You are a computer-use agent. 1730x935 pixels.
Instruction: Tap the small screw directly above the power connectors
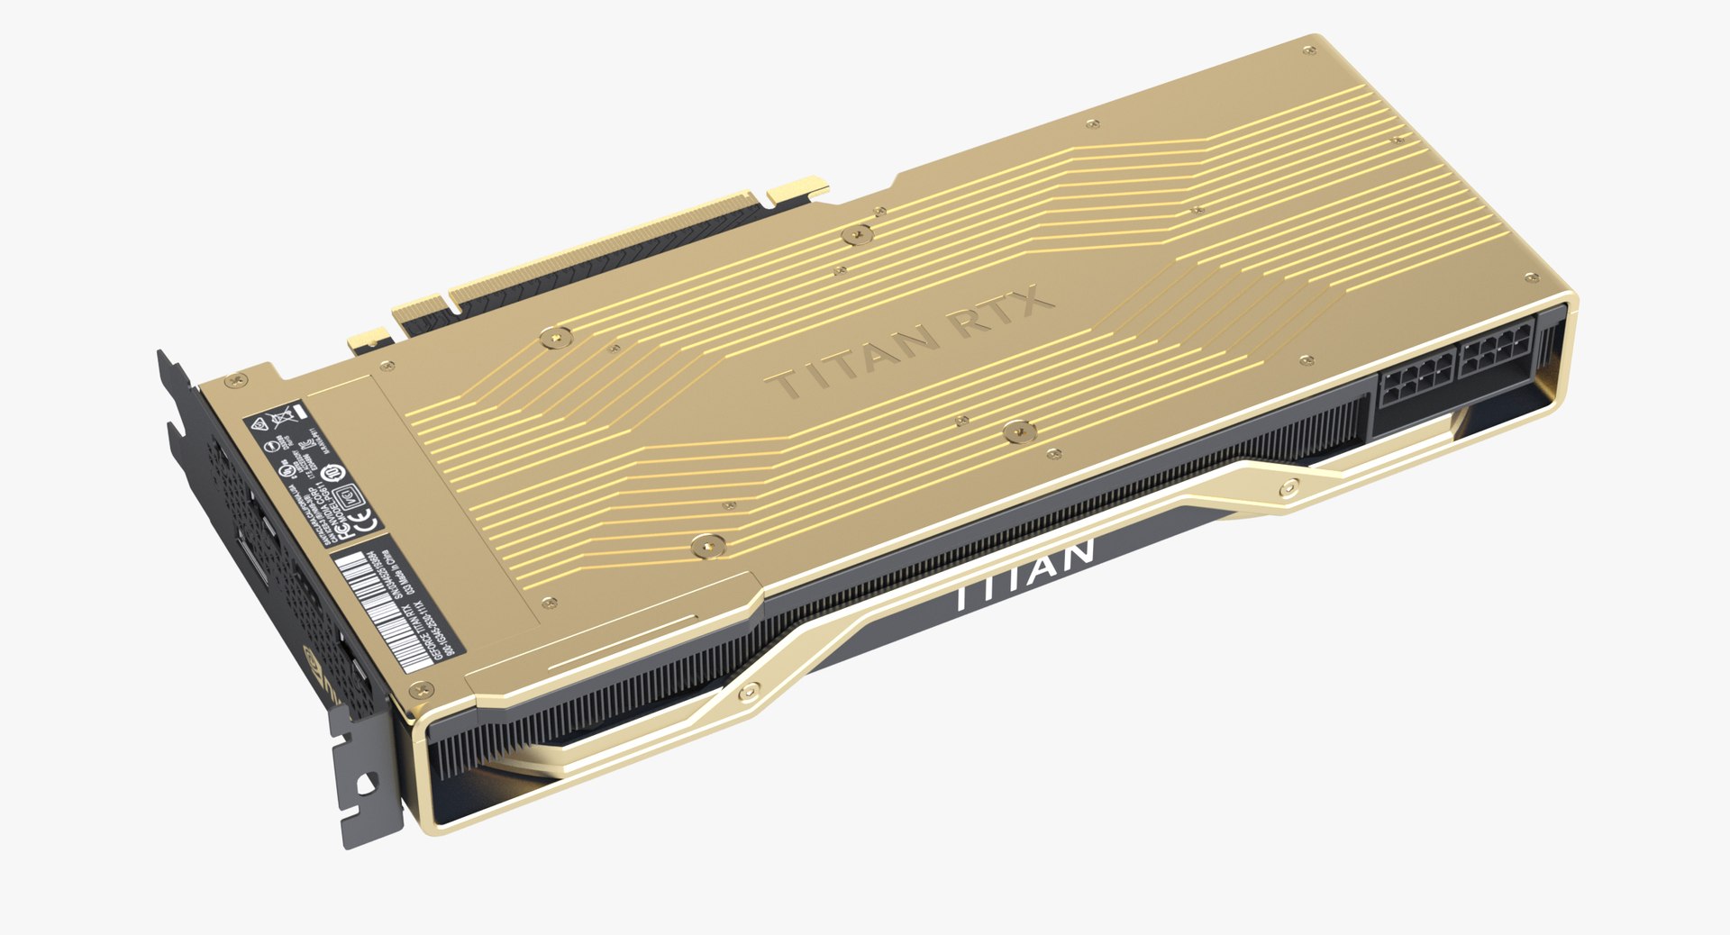tap(1306, 361)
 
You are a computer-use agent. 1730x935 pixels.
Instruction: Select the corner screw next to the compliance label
tap(238, 381)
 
